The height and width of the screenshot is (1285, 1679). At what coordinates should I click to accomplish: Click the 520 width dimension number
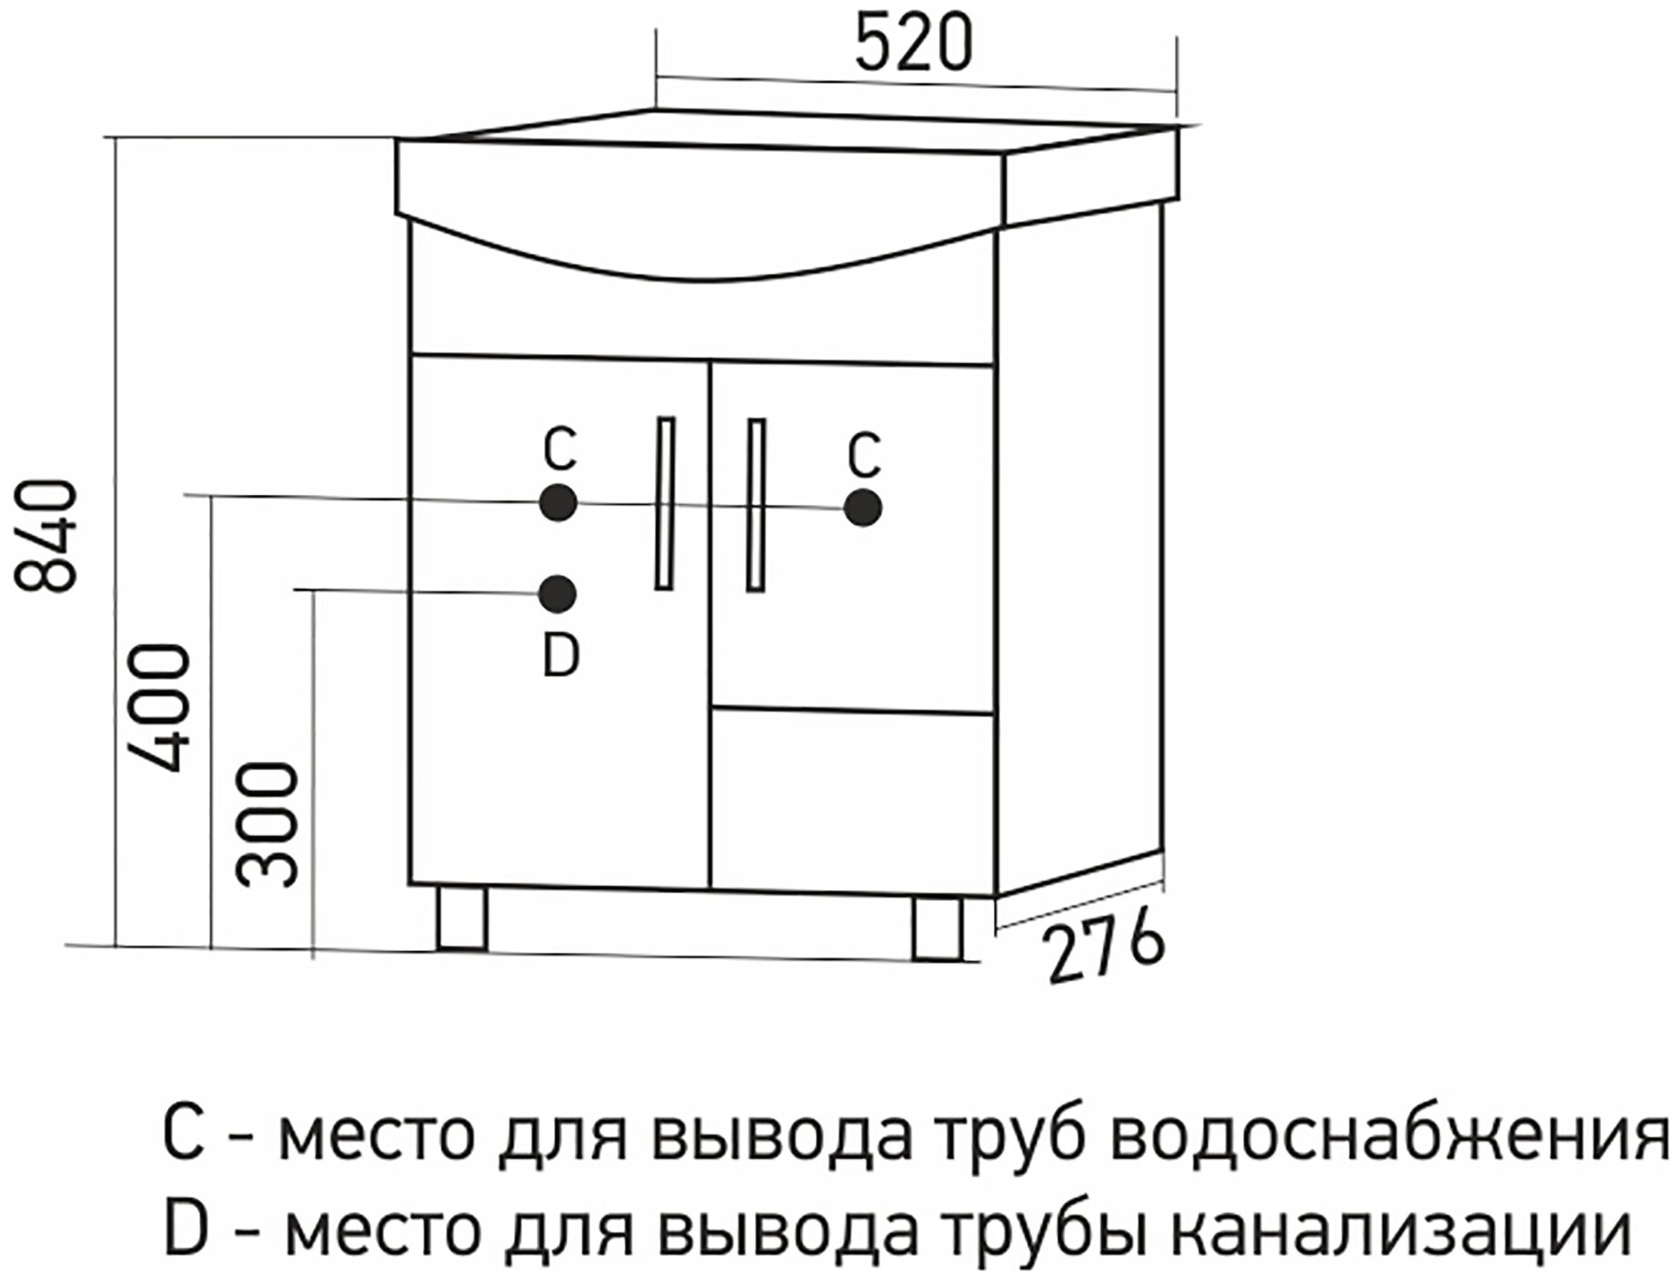click(914, 44)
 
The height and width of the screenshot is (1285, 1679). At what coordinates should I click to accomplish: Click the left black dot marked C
click(558, 502)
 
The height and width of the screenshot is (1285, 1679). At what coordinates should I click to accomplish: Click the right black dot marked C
click(862, 509)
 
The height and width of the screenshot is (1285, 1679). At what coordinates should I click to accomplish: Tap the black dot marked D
click(557, 593)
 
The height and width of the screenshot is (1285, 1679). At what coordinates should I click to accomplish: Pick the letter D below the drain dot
click(561, 656)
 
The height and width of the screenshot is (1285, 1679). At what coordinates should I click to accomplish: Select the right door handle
click(755, 505)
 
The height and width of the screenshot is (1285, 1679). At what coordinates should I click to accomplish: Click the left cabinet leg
click(460, 918)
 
